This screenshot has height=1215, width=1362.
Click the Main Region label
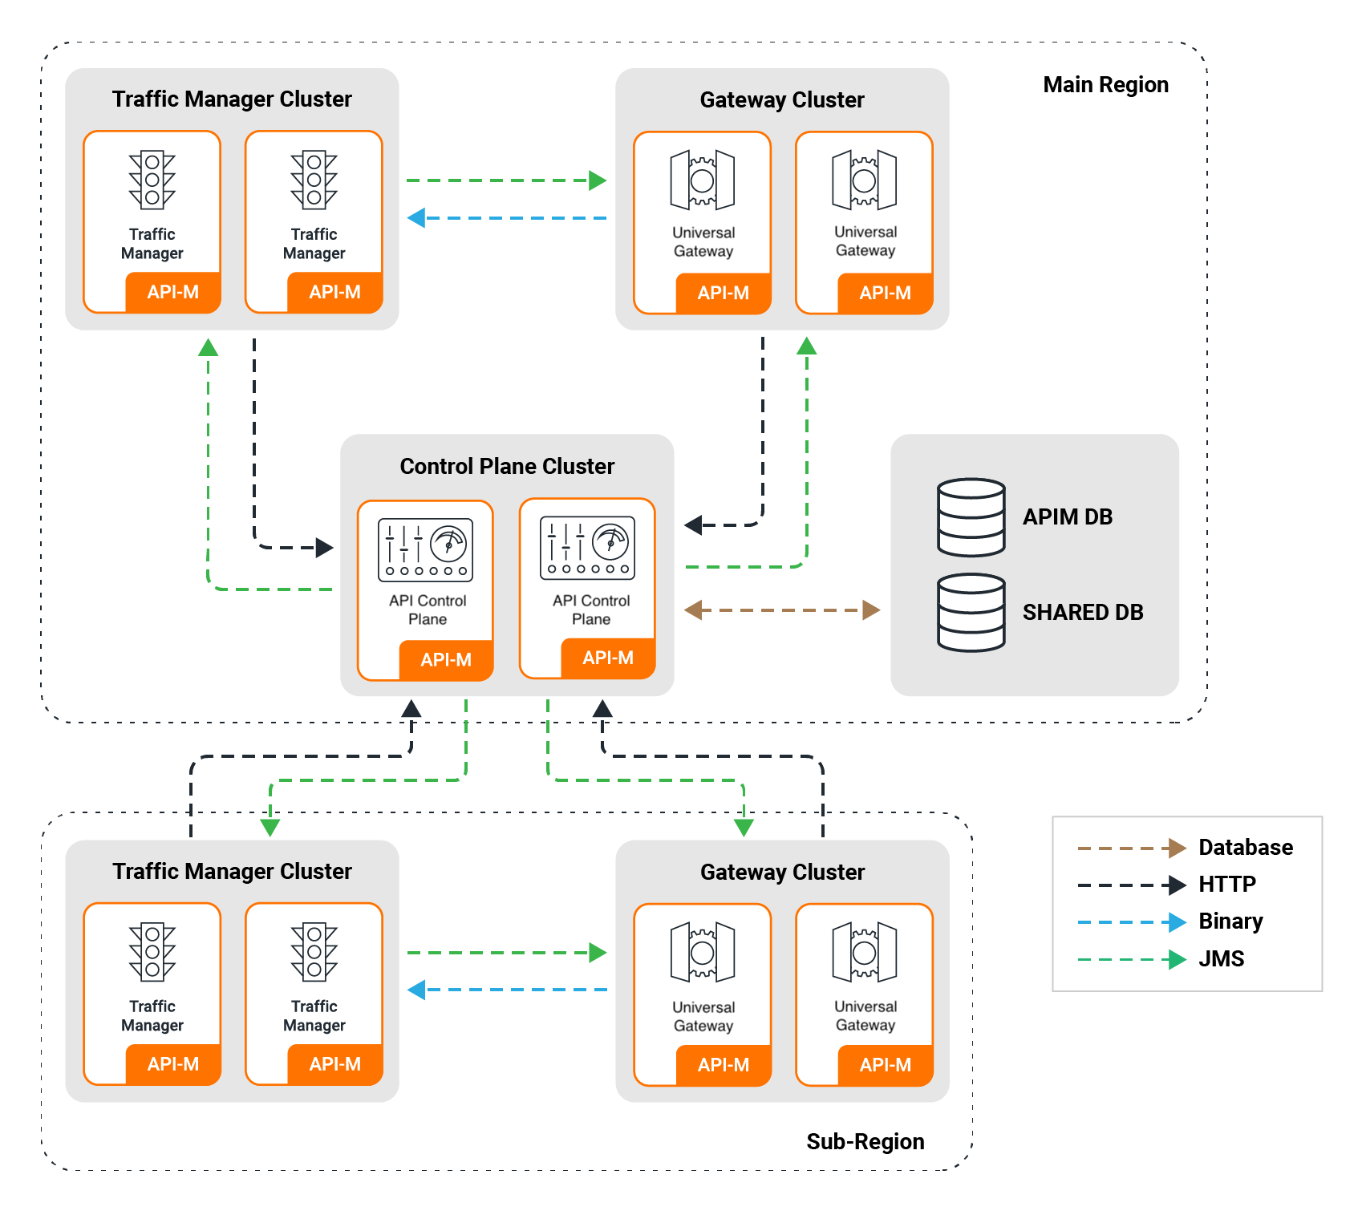pyautogui.click(x=1105, y=85)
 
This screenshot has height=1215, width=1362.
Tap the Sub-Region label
pyautogui.click(x=865, y=1141)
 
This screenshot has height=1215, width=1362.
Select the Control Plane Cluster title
pyautogui.click(x=507, y=466)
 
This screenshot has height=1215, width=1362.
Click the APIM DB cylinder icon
pyautogui.click(x=971, y=517)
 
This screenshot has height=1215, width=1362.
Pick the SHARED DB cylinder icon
pyautogui.click(x=971, y=612)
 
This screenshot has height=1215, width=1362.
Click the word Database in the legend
pyautogui.click(x=1245, y=848)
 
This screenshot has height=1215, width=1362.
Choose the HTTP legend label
pyautogui.click(x=1226, y=885)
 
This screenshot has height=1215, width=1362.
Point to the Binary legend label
pyautogui.click(x=1230, y=921)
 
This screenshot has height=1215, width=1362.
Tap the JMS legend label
pyautogui.click(x=1221, y=959)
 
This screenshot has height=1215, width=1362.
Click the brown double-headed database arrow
pyautogui.click(x=782, y=610)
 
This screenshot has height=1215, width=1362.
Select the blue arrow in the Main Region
pyautogui.click(x=507, y=217)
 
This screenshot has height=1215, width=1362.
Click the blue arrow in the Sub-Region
pyautogui.click(x=507, y=990)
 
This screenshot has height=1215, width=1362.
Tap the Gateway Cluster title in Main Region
pyautogui.click(x=782, y=100)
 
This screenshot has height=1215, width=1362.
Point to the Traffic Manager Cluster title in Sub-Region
pyautogui.click(x=232, y=872)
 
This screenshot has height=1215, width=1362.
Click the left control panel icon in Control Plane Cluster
pyautogui.click(x=425, y=550)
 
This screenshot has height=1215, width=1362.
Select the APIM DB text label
pyautogui.click(x=1067, y=517)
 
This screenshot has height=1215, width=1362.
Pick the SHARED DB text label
pyautogui.click(x=1082, y=613)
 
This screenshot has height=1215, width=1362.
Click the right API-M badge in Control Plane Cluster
pyautogui.click(x=608, y=658)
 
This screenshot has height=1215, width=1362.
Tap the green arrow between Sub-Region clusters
pyautogui.click(x=507, y=953)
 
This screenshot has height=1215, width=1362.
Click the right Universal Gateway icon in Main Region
pyautogui.click(x=864, y=180)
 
